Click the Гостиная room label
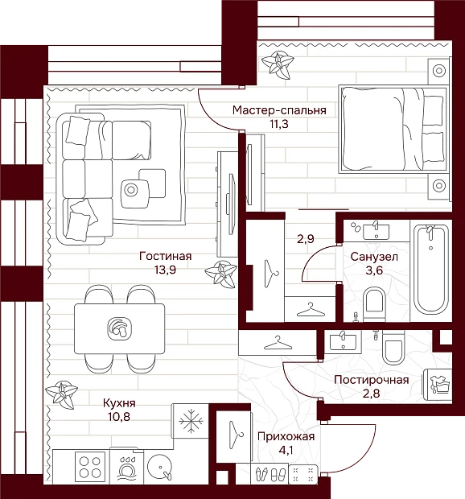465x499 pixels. point(166,256)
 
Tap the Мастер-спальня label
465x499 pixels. point(279,110)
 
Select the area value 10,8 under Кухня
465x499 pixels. point(119,416)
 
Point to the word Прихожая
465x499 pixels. point(286,436)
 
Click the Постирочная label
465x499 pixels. point(372,380)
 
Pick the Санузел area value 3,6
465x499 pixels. point(374,270)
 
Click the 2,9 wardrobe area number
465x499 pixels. point(306,239)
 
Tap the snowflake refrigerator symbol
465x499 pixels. point(191,421)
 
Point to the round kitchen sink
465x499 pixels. point(160,467)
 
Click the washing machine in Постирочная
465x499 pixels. point(438,385)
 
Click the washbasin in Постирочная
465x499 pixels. point(343,340)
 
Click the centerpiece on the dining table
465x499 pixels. point(120,328)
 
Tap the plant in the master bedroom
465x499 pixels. point(278,64)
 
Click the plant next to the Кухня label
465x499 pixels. point(61,394)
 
